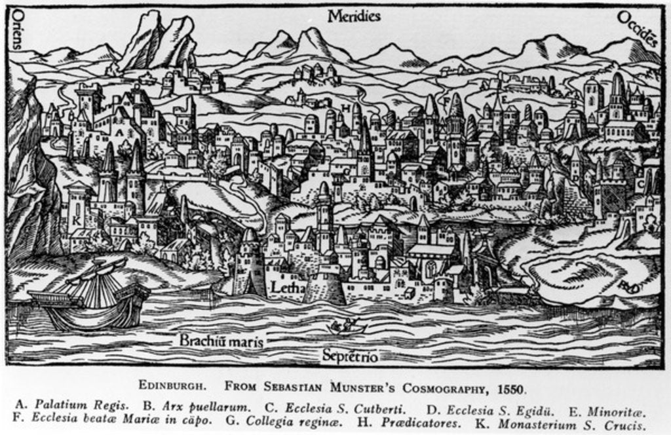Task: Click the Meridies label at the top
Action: (354, 16)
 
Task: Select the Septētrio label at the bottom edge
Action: (350, 356)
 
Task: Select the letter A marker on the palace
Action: (119, 131)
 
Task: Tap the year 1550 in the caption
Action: (511, 387)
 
